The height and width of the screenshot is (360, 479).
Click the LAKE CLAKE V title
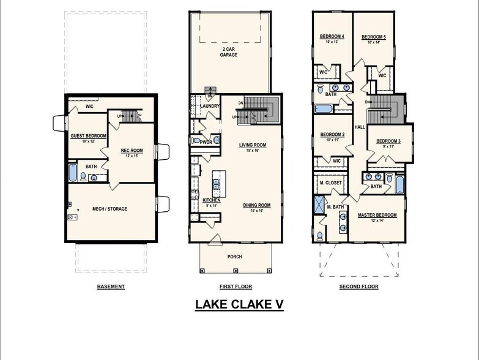pos(239,304)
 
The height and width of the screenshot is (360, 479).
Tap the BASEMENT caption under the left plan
pos(111,287)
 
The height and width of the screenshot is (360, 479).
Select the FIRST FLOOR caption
pos(236,287)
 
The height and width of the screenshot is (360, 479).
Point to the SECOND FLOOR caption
pos(358,287)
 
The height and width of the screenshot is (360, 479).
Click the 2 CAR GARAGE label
pos(229,51)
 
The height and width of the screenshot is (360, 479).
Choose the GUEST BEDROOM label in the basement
pos(88,136)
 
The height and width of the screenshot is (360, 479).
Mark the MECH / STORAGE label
pos(110,209)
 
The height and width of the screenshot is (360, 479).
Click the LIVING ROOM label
pos(253,145)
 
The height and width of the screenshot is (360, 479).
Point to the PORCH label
pos(235,257)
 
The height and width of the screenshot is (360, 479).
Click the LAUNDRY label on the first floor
pos(210,106)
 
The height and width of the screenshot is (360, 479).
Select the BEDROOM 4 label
pos(332,37)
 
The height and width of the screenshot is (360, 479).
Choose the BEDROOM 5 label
pos(373,37)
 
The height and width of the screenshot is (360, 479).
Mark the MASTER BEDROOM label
pos(377,215)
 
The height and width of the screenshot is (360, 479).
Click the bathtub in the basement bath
pos(73,172)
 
